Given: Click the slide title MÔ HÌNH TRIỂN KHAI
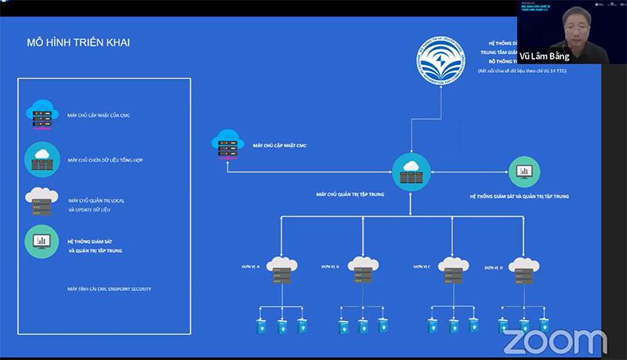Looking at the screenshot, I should [78, 42].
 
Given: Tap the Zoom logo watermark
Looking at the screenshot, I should [554, 341].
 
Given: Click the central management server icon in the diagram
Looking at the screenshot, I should [411, 171].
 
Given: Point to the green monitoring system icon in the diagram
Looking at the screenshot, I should [524, 172].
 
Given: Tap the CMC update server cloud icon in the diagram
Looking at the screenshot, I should [227, 144].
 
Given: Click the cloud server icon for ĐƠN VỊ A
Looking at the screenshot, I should [280, 270].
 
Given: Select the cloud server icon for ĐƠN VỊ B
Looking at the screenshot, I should [361, 270].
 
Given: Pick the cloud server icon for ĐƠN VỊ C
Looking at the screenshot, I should [453, 270].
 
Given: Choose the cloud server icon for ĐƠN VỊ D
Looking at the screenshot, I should [524, 270].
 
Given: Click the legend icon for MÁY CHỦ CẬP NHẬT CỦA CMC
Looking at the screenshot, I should [42, 115].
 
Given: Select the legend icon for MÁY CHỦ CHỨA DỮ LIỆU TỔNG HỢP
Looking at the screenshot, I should [42, 158].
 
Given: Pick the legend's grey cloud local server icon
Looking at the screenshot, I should [42, 202].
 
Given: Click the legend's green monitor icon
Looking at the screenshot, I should [42, 242].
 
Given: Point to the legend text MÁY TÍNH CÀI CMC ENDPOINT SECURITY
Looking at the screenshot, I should [109, 289].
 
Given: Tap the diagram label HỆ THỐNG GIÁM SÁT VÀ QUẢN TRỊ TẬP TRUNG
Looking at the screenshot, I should [520, 196].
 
